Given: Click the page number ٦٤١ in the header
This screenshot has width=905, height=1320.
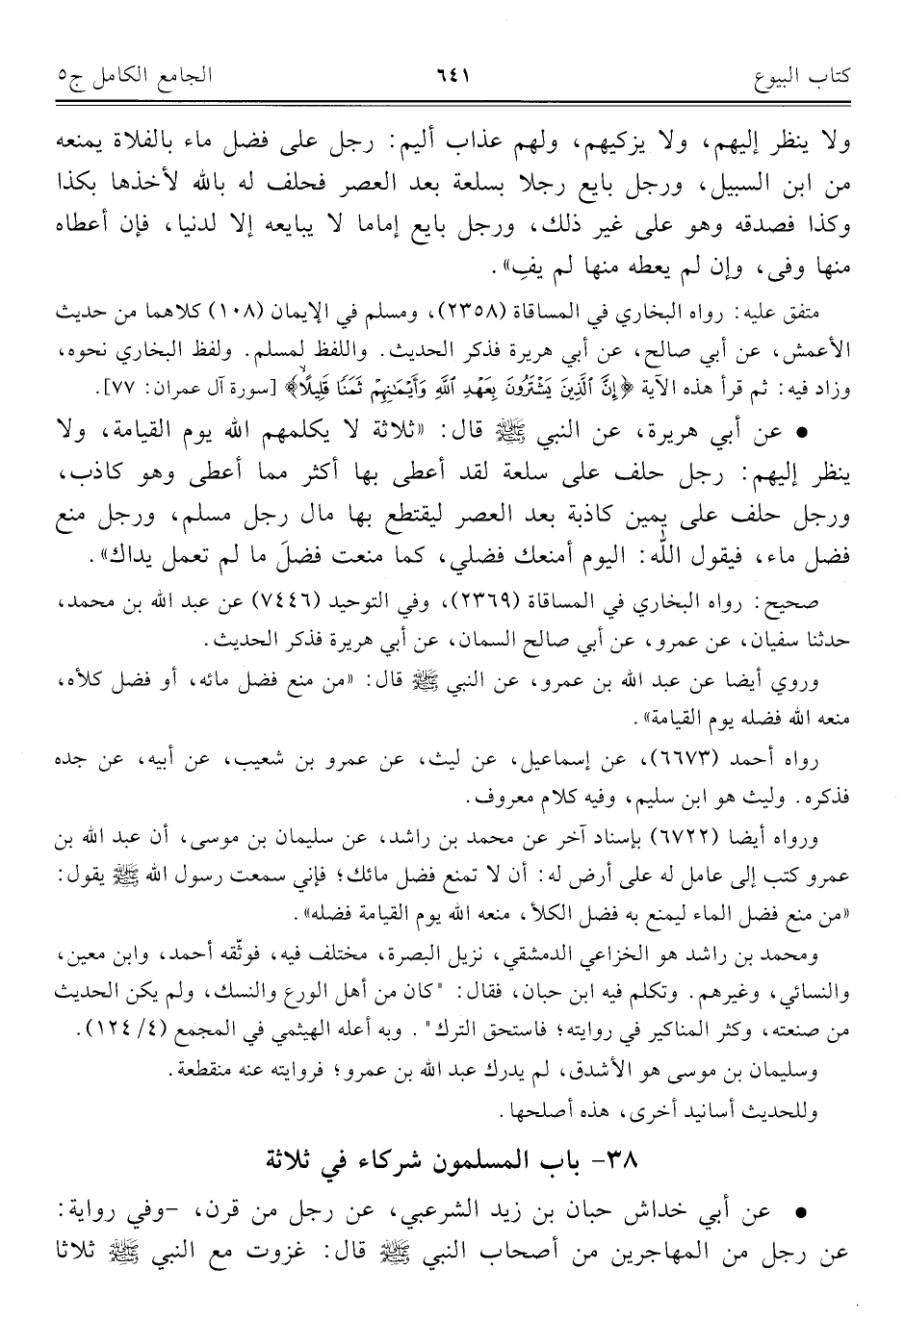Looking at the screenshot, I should (x=453, y=73).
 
